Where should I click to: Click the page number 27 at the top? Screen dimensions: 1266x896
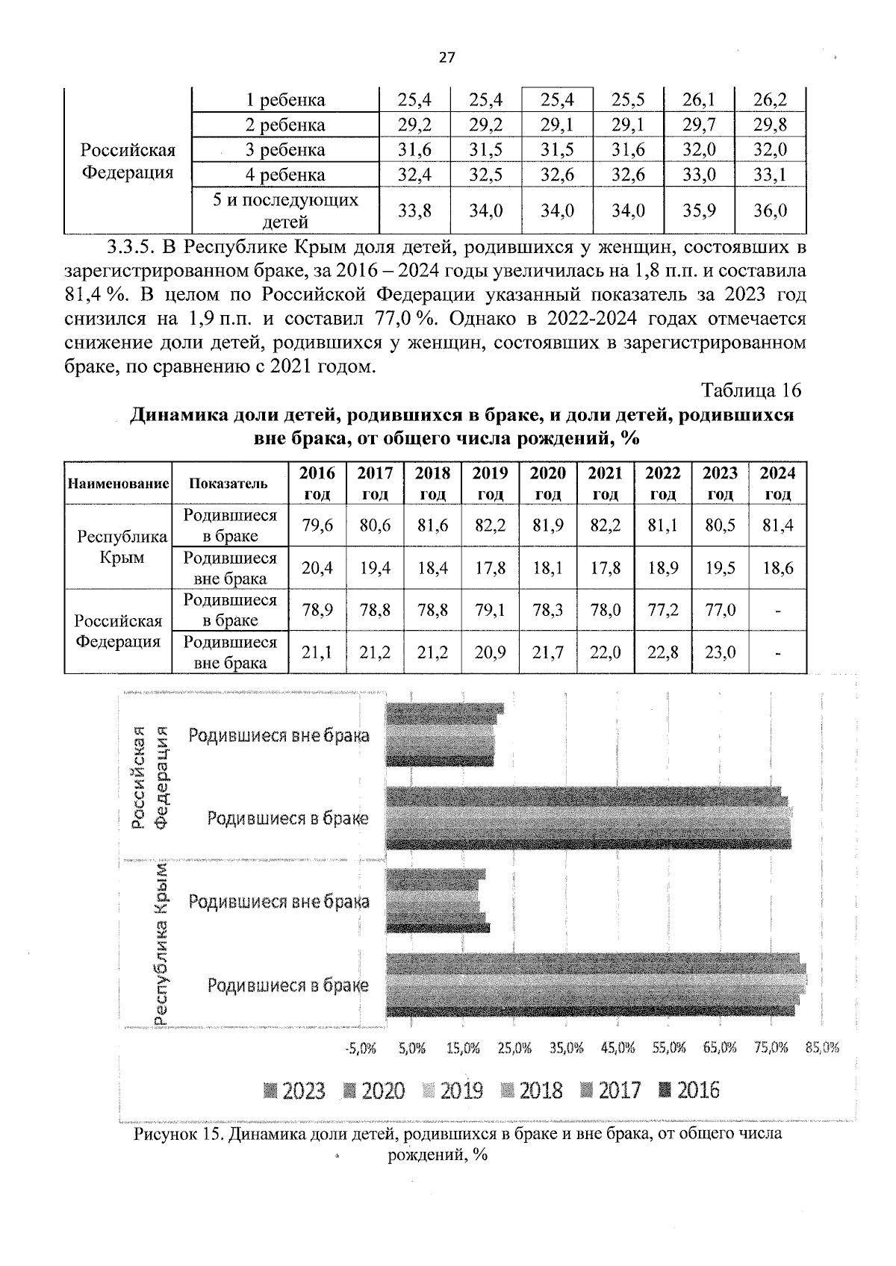coord(447,58)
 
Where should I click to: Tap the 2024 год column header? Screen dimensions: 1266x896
coord(777,483)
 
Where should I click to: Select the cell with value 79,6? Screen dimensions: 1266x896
coord(317,526)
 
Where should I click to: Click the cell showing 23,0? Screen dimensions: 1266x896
coord(721,652)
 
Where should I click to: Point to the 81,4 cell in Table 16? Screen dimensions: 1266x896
coord(777,526)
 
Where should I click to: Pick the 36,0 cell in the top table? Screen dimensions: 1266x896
coord(770,211)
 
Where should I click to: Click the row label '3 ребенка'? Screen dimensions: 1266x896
coord(285,150)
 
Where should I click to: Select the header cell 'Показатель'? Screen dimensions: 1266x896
coord(228,483)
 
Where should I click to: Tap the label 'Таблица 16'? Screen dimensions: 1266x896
coord(750,390)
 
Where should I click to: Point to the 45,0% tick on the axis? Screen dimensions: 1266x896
coord(617,1048)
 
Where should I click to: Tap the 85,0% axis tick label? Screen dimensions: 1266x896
coord(822,1048)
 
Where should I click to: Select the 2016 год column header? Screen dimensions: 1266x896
coord(317,483)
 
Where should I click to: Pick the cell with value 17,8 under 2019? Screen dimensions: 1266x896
coord(490,568)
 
